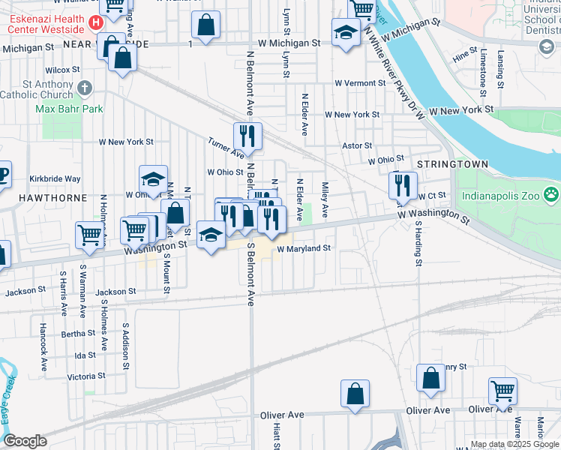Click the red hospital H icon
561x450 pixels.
pyautogui.click(x=95, y=23)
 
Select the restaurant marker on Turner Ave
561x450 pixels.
pyautogui.click(x=247, y=136)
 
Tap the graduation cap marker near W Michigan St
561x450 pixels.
pyautogui.click(x=345, y=33)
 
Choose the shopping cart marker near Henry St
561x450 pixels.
pyautogui.click(x=502, y=390)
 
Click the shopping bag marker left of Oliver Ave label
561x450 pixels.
pyautogui.click(x=355, y=393)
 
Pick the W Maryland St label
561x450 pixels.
pyautogui.click(x=304, y=248)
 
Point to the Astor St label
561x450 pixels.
pyautogui.click(x=357, y=145)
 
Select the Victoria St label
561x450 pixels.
pyautogui.click(x=85, y=376)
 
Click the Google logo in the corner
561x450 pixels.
pyautogui.click(x=25, y=441)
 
